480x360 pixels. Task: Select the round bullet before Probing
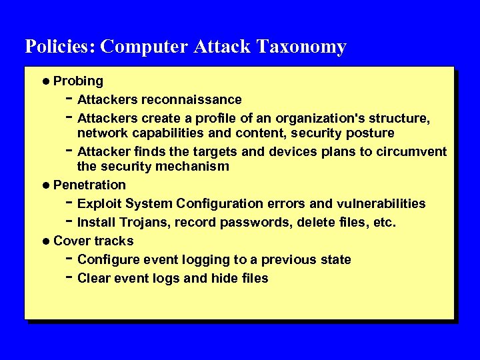[45, 81]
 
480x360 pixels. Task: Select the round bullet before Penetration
[45, 185]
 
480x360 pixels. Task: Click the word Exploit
[99, 203]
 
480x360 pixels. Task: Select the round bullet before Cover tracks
[45, 241]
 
